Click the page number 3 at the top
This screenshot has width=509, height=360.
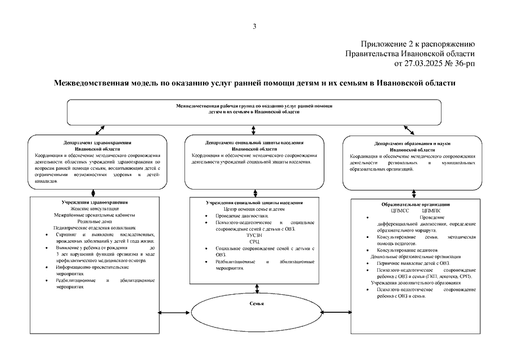254,26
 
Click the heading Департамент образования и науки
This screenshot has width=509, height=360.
412,144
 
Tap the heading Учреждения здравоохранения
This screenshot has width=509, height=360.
95,202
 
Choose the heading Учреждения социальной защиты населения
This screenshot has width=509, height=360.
254,202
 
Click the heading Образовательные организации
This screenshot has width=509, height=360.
415,205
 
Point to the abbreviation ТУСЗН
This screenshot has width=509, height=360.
254,235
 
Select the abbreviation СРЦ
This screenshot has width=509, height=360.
254,241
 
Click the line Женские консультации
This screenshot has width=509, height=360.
95,208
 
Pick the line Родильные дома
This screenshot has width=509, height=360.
95,221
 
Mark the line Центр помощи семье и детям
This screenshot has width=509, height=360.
254,209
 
